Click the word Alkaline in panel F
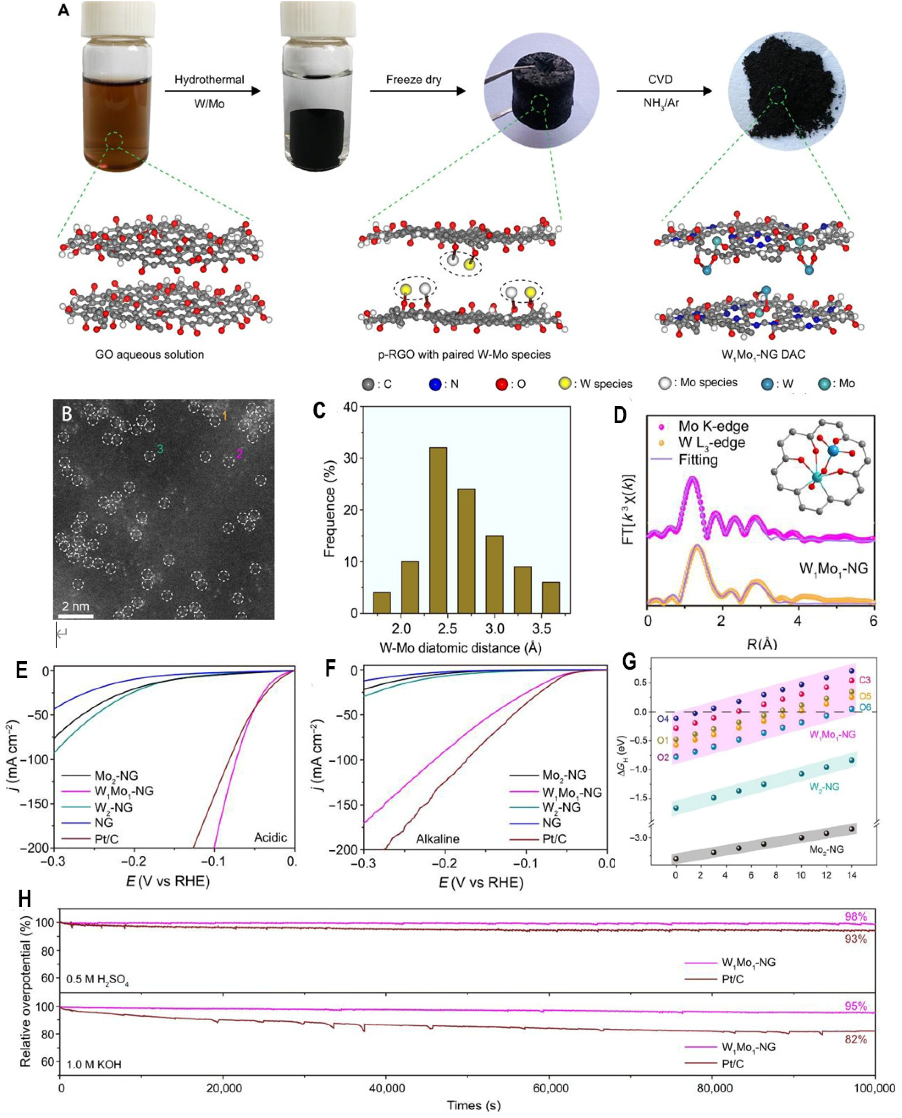438,839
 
